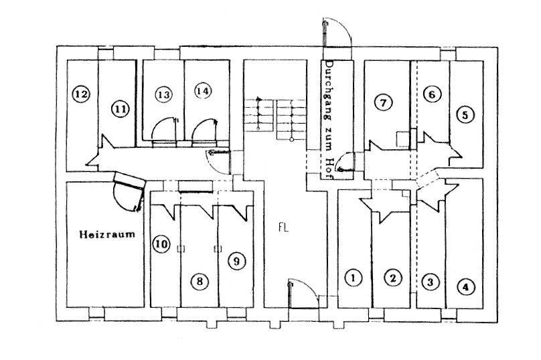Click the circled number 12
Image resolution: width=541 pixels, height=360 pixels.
pyautogui.click(x=81, y=94)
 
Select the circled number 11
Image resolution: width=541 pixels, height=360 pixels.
pyautogui.click(x=120, y=109)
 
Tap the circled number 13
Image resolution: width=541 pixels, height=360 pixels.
pyautogui.click(x=163, y=94)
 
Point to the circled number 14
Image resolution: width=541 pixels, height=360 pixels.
pyautogui.click(x=203, y=91)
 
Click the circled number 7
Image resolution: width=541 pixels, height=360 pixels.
pyautogui.click(x=383, y=102)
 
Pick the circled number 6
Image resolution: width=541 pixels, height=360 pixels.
pyautogui.click(x=432, y=94)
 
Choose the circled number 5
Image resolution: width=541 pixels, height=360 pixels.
pyautogui.click(x=465, y=115)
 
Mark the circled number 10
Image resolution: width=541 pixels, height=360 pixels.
pyautogui.click(x=161, y=244)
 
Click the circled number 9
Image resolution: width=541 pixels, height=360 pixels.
pyautogui.click(x=236, y=261)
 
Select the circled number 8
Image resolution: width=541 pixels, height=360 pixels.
pyautogui.click(x=200, y=282)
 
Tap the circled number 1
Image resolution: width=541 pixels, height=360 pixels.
pyautogui.click(x=354, y=278)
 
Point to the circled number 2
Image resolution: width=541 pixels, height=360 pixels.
pyautogui.click(x=393, y=278)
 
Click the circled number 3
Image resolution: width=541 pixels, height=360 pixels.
pyautogui.click(x=430, y=282)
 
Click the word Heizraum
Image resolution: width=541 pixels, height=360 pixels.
pyautogui.click(x=107, y=234)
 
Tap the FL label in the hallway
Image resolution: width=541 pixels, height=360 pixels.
pyautogui.click(x=284, y=228)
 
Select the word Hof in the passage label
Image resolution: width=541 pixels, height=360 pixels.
pyautogui.click(x=329, y=169)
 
